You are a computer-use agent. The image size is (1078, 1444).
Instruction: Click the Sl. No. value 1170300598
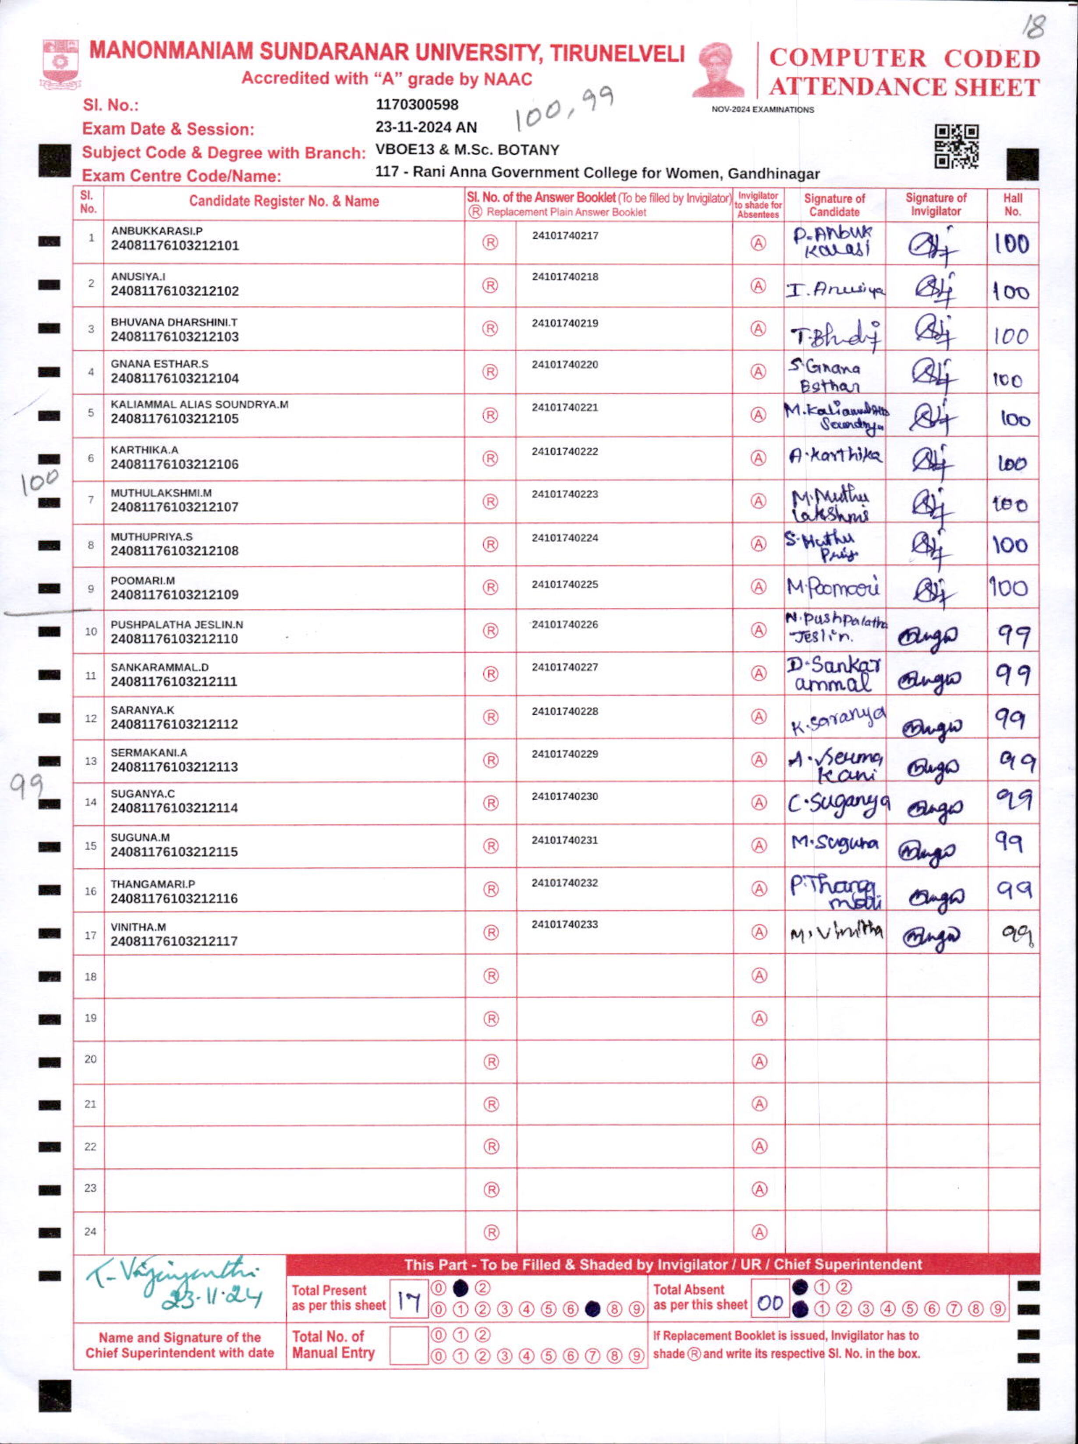(x=417, y=104)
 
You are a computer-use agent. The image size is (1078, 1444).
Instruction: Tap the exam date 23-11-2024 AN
(x=426, y=127)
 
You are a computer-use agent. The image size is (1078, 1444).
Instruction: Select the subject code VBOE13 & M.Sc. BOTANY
(x=467, y=150)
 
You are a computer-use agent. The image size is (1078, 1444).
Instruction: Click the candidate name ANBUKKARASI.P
(x=156, y=231)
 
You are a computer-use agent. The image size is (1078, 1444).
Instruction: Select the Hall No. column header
(x=1013, y=204)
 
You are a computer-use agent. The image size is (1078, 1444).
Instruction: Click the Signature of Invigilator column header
(x=936, y=204)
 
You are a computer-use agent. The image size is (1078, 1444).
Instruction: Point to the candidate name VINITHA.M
(x=138, y=926)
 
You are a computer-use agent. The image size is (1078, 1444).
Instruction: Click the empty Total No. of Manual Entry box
(x=408, y=1345)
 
